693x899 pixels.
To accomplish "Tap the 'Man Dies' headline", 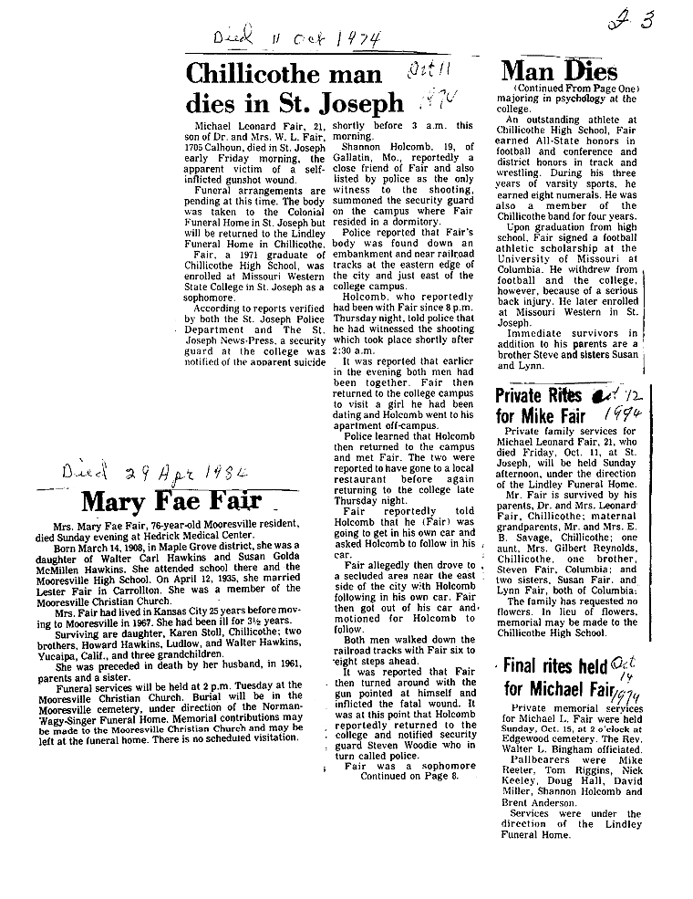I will coord(560,70).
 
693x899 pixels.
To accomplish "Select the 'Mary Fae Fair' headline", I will coord(171,501).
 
